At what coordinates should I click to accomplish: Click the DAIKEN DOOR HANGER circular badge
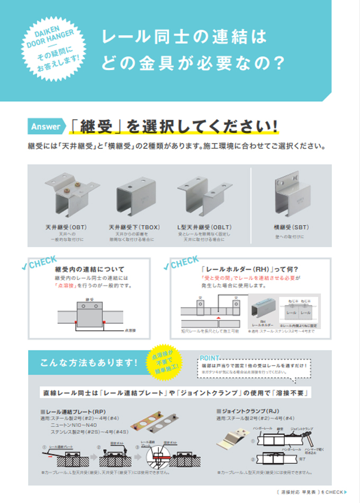tap(54, 50)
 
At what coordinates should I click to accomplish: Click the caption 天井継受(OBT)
tap(66, 227)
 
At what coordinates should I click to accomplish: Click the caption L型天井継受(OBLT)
tap(204, 227)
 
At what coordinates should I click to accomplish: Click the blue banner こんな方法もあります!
tap(88, 364)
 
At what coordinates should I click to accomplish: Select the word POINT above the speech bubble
tap(212, 357)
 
